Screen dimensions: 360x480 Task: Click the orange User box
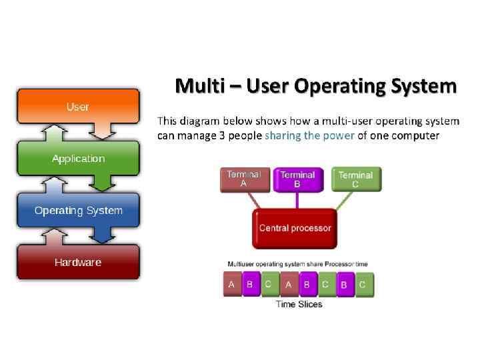tap(77, 107)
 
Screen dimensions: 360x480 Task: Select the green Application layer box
tap(78, 159)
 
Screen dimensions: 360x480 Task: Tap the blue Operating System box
tap(78, 211)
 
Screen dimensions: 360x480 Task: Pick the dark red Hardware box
tap(78, 262)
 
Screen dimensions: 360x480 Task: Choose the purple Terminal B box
tap(297, 179)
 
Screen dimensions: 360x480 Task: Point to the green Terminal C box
tap(355, 179)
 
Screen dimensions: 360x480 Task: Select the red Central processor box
tap(295, 228)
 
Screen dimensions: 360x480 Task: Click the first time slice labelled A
tap(231, 284)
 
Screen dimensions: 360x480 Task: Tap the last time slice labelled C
tap(363, 284)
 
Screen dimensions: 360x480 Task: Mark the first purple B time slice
tap(250, 284)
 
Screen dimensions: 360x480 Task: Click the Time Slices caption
tap(299, 304)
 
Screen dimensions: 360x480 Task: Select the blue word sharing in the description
tap(283, 136)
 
